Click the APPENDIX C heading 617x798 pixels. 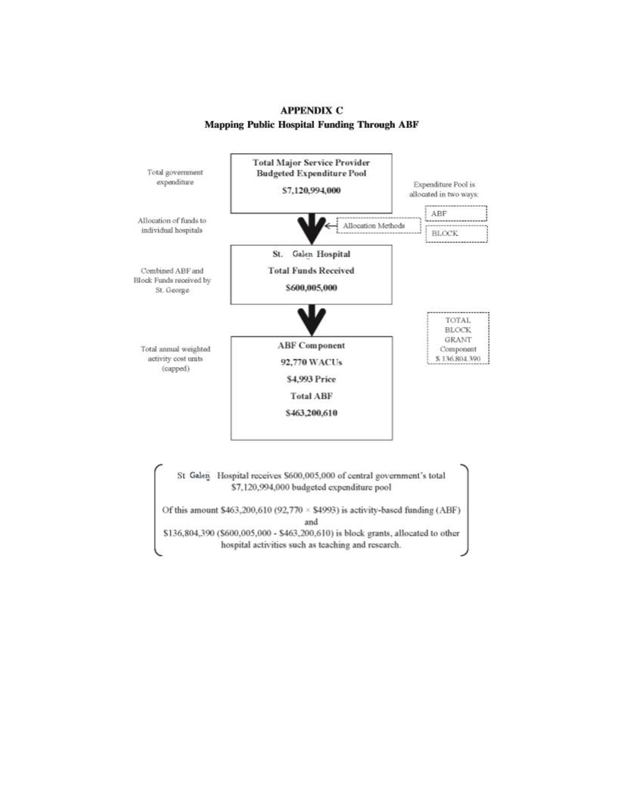[311, 110]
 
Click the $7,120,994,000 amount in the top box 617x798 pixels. [311, 191]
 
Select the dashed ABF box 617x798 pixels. [456, 213]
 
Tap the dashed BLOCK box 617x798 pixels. [456, 234]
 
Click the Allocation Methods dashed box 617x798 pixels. [378, 226]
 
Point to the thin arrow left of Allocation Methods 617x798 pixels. [331, 226]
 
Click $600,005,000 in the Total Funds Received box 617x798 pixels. [311, 288]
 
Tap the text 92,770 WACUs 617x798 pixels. [311, 362]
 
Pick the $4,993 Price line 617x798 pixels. [311, 379]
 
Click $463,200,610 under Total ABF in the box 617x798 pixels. [311, 413]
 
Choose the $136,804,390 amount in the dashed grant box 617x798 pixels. [458, 359]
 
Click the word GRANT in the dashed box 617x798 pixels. [458, 340]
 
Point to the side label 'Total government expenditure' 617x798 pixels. [175, 177]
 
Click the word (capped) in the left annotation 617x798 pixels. [175, 369]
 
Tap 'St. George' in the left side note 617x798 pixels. [172, 290]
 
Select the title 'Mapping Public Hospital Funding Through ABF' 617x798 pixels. [311, 125]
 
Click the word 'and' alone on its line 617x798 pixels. [311, 522]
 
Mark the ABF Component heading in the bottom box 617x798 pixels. [311, 346]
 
